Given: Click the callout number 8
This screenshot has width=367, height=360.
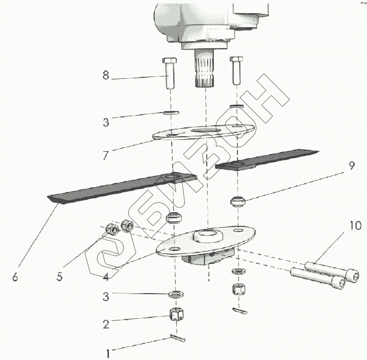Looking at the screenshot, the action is point(105,76).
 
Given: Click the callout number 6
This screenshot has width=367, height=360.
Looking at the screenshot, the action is point(15,278).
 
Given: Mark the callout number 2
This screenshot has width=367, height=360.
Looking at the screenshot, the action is point(105,325).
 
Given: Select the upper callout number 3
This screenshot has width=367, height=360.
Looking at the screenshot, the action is point(105,123).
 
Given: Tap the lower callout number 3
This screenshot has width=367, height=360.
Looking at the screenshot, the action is point(105,297).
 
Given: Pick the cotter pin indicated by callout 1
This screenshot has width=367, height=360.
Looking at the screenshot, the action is point(178,338).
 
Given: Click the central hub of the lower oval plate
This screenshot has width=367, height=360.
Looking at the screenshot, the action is point(207,236).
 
